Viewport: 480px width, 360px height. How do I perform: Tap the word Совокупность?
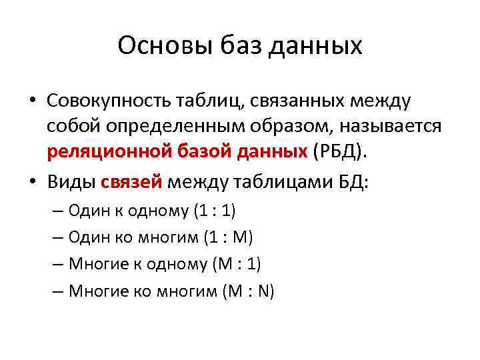109,100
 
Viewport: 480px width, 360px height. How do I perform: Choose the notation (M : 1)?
236,264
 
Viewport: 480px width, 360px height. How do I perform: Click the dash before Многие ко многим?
56,291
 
